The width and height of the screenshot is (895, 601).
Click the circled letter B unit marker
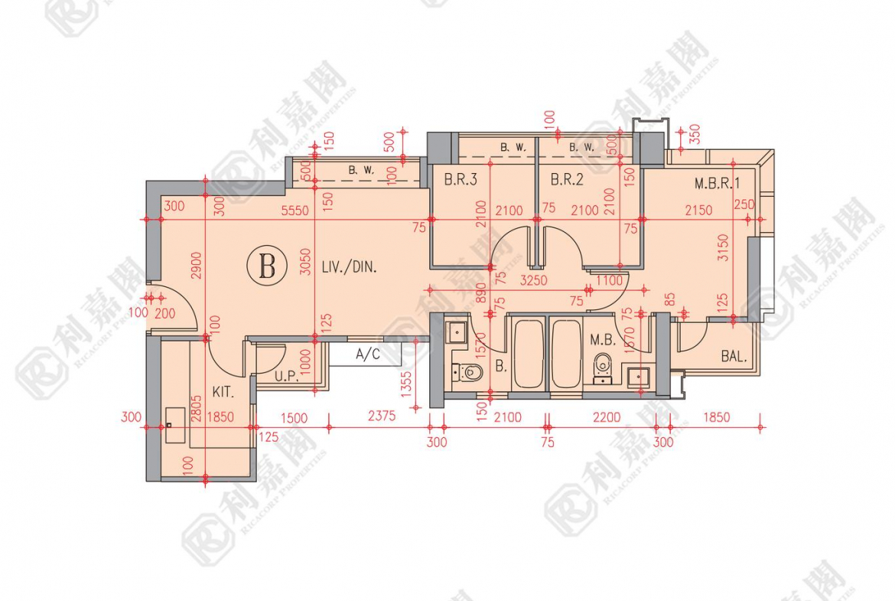[267, 267]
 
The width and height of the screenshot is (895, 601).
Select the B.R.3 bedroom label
[461, 181]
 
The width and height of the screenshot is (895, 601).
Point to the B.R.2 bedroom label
[567, 181]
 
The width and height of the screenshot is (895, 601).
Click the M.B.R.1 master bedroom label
[717, 184]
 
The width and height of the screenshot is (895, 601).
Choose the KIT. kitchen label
[223, 392]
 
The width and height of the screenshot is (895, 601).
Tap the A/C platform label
[367, 354]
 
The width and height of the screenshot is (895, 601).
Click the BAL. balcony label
[734, 356]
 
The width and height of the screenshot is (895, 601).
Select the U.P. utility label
[288, 376]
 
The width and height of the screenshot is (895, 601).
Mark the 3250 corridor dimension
[533, 281]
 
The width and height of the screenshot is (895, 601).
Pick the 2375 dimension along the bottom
[381, 417]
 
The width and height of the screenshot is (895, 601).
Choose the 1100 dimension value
[609, 281]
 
